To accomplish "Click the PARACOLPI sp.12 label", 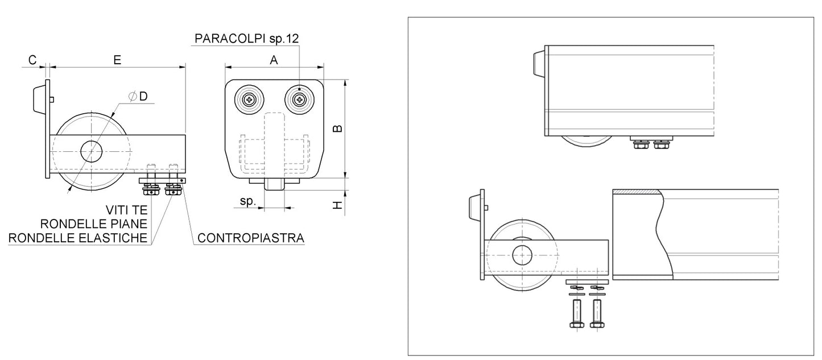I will pos(246,39).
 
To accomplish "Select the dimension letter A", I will pos(274,60).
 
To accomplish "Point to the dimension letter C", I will pos(32,60).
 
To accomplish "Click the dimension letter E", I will pos(117,60).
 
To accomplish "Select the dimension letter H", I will pos(337,205).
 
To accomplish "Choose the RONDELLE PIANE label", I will pos(94,224).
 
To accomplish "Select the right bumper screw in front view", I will pos(299,101).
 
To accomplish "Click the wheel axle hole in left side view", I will pos(91,151).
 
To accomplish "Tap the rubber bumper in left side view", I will pos(39,100).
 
